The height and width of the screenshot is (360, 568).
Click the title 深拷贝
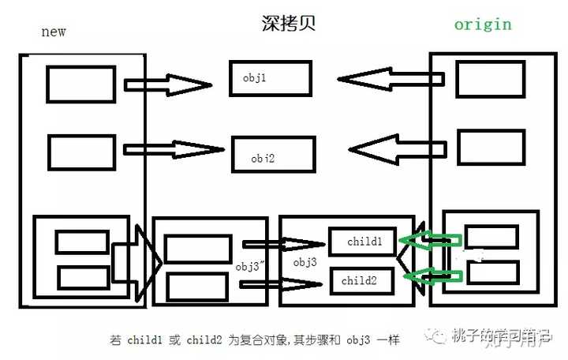coord(290,24)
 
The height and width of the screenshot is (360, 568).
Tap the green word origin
coord(482,24)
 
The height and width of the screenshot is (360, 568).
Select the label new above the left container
coord(53,32)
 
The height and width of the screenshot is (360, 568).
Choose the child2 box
coord(362,279)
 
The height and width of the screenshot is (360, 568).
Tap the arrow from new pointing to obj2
coord(174,149)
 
